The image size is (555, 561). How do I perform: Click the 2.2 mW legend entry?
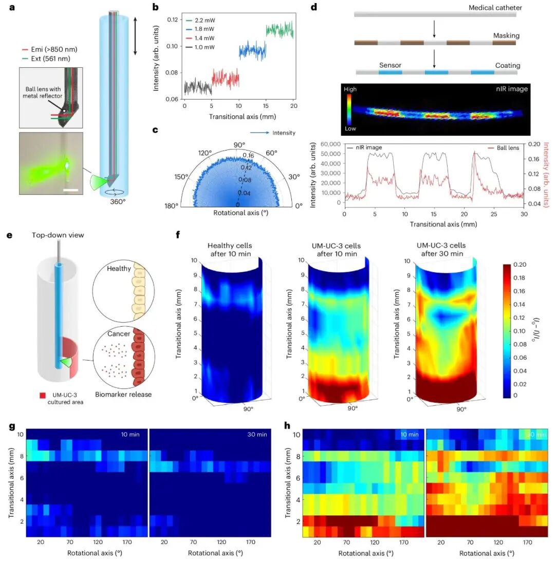point(200,21)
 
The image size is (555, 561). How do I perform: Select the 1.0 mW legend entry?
point(200,47)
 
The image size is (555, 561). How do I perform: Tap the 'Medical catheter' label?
point(495,8)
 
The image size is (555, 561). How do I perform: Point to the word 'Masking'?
point(506,35)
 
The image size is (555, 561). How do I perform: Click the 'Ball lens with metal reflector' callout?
point(43,92)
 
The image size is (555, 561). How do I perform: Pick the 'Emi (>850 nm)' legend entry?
point(50,49)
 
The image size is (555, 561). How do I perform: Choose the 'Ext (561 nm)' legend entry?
point(46,59)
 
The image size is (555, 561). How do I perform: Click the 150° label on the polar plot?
point(181,177)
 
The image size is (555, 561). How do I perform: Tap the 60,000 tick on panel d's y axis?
point(330,144)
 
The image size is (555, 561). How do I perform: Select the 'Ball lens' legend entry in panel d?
point(504,148)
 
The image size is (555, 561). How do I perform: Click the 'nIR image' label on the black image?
point(512,89)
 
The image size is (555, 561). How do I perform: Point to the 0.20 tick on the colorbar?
point(520,265)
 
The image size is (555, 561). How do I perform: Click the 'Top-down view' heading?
point(58,235)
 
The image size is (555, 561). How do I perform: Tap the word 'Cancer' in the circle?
point(119,333)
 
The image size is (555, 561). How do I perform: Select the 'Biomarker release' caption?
point(123,394)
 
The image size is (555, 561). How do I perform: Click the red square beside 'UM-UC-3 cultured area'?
point(43,396)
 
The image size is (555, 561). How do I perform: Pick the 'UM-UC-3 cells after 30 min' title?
point(441,249)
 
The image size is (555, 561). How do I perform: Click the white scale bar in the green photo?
point(70,190)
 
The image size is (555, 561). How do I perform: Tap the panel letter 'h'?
point(287,425)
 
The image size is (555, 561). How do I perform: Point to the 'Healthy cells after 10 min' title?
point(230,250)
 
